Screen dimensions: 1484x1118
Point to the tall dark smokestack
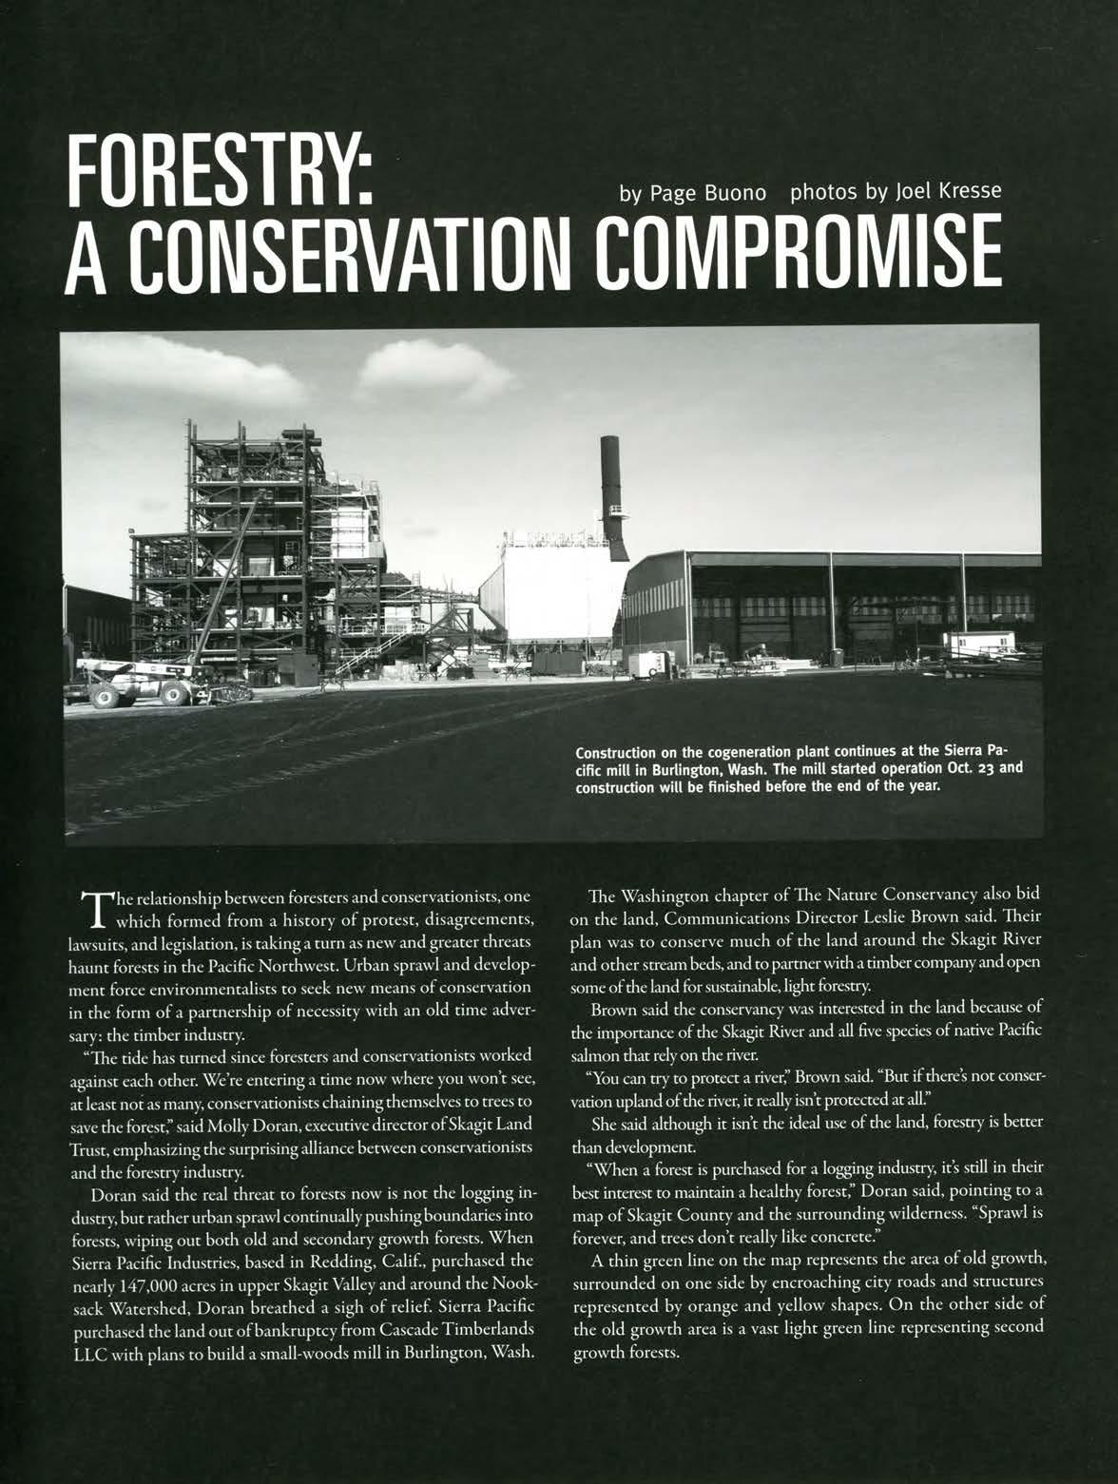613,494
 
